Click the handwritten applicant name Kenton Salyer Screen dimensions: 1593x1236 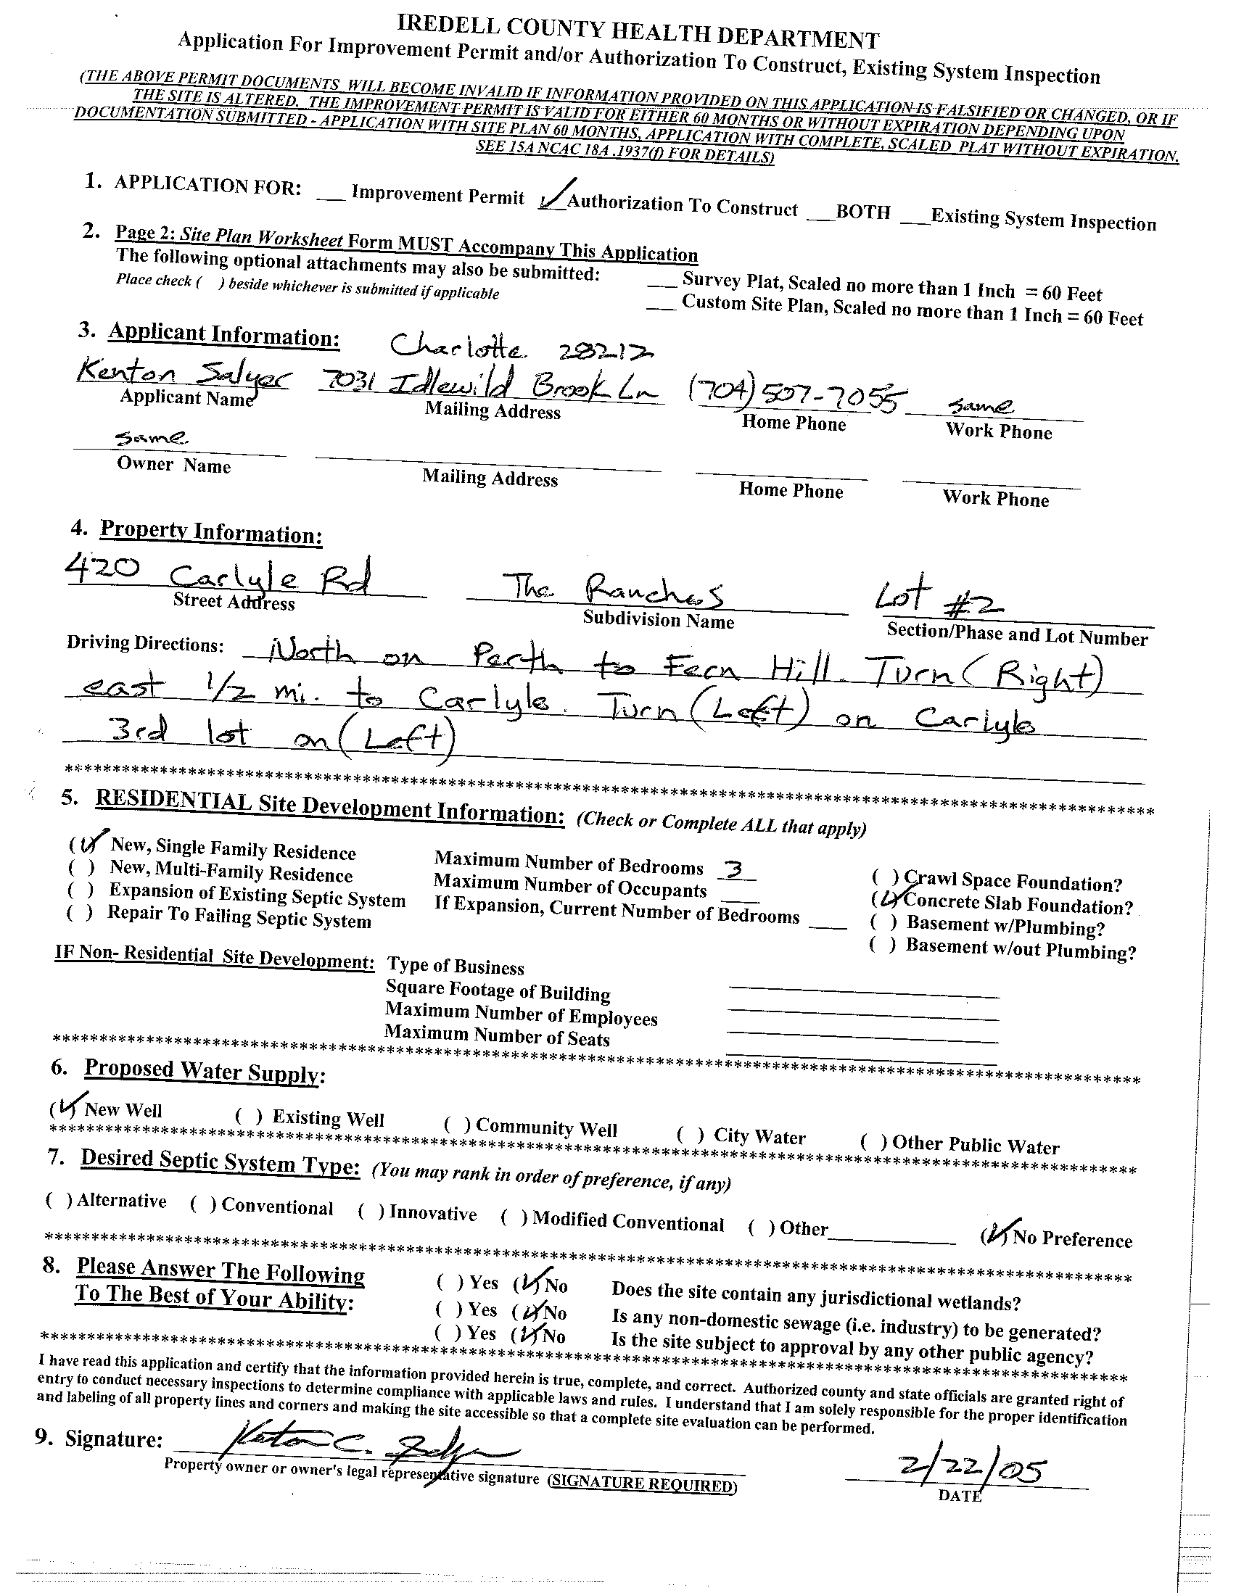184,375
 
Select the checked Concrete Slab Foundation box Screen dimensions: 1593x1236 885,901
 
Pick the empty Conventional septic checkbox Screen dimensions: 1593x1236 203,1204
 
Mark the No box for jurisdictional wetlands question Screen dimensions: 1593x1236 527,1284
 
